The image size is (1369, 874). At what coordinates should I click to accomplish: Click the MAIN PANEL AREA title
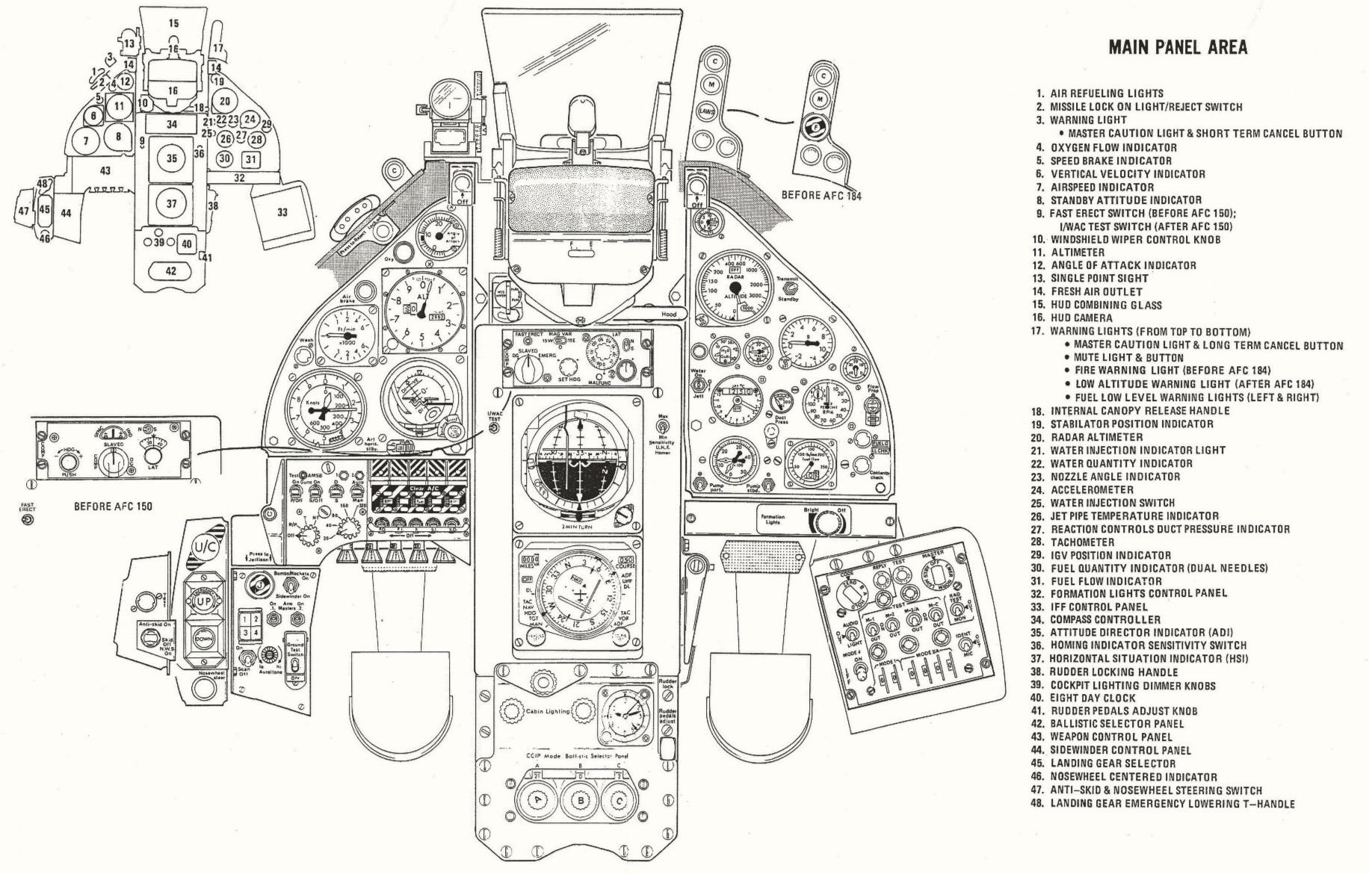pyautogui.click(x=1178, y=48)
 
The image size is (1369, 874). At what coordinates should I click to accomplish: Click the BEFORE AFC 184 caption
pyautogui.click(x=821, y=195)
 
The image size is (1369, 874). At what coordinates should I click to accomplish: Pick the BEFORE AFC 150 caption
pyautogui.click(x=113, y=506)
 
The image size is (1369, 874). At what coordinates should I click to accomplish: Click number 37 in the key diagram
pyautogui.click(x=172, y=204)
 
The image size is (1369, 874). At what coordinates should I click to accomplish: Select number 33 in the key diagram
pyautogui.click(x=282, y=212)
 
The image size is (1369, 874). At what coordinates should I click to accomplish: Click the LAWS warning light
pyautogui.click(x=706, y=111)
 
